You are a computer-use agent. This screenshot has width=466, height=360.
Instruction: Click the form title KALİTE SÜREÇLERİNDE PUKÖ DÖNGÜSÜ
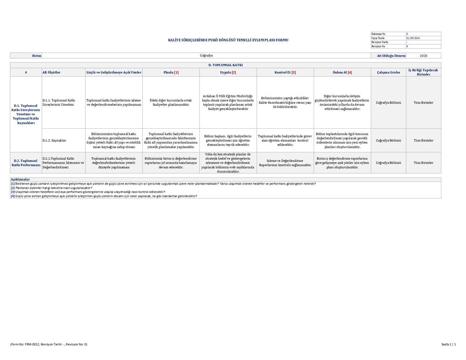click(x=228, y=40)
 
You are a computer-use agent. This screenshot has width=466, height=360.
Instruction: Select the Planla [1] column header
click(x=171, y=72)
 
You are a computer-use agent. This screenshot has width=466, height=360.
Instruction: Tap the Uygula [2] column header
click(x=228, y=72)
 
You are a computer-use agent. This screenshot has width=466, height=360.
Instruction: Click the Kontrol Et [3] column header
click(x=285, y=72)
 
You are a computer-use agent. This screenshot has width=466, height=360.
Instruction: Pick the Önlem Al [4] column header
click(x=342, y=72)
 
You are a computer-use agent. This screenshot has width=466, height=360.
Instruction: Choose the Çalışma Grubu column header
click(x=388, y=72)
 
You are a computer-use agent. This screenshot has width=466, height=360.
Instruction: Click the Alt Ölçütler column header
click(x=52, y=72)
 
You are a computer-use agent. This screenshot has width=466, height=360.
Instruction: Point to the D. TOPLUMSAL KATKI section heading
click(x=225, y=65)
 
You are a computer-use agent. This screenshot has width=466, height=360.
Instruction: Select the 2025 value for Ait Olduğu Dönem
click(x=423, y=55)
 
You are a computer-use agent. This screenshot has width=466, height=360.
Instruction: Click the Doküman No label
click(x=378, y=34)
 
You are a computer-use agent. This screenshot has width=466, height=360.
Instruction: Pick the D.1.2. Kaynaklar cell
click(x=54, y=140)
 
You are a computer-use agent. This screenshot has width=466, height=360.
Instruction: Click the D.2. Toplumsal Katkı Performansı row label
click(x=26, y=163)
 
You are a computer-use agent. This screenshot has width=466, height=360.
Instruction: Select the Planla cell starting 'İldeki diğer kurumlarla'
click(x=171, y=103)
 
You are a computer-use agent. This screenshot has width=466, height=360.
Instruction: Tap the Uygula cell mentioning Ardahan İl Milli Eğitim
click(x=228, y=103)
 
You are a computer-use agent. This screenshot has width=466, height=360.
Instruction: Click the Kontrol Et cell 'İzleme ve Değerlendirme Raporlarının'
click(x=285, y=163)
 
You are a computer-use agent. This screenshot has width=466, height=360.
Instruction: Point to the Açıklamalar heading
click(x=20, y=179)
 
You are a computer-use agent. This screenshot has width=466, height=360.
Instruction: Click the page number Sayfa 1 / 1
click(x=448, y=344)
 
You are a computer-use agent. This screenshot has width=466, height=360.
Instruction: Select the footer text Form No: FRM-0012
click(x=48, y=344)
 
